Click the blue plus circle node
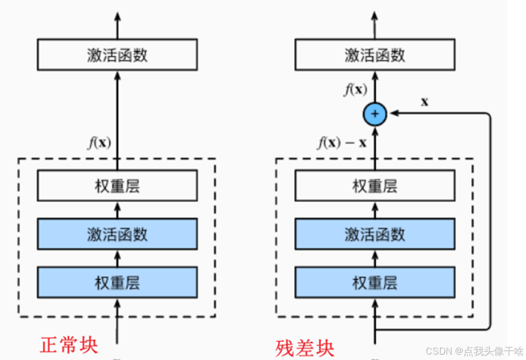(375, 113)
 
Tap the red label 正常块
(69, 345)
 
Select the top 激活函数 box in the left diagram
(117, 55)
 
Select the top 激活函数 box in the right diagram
(375, 55)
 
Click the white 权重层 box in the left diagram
(117, 186)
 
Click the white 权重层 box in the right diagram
(375, 186)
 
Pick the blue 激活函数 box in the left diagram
(117, 234)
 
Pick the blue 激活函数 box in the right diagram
(375, 234)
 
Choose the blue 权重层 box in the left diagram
(117, 282)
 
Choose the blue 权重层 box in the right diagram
(375, 282)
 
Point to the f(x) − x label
(342, 143)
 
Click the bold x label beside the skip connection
(425, 101)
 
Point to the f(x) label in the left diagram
(100, 143)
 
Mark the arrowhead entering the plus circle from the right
(393, 113)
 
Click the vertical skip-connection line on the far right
(490, 221)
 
